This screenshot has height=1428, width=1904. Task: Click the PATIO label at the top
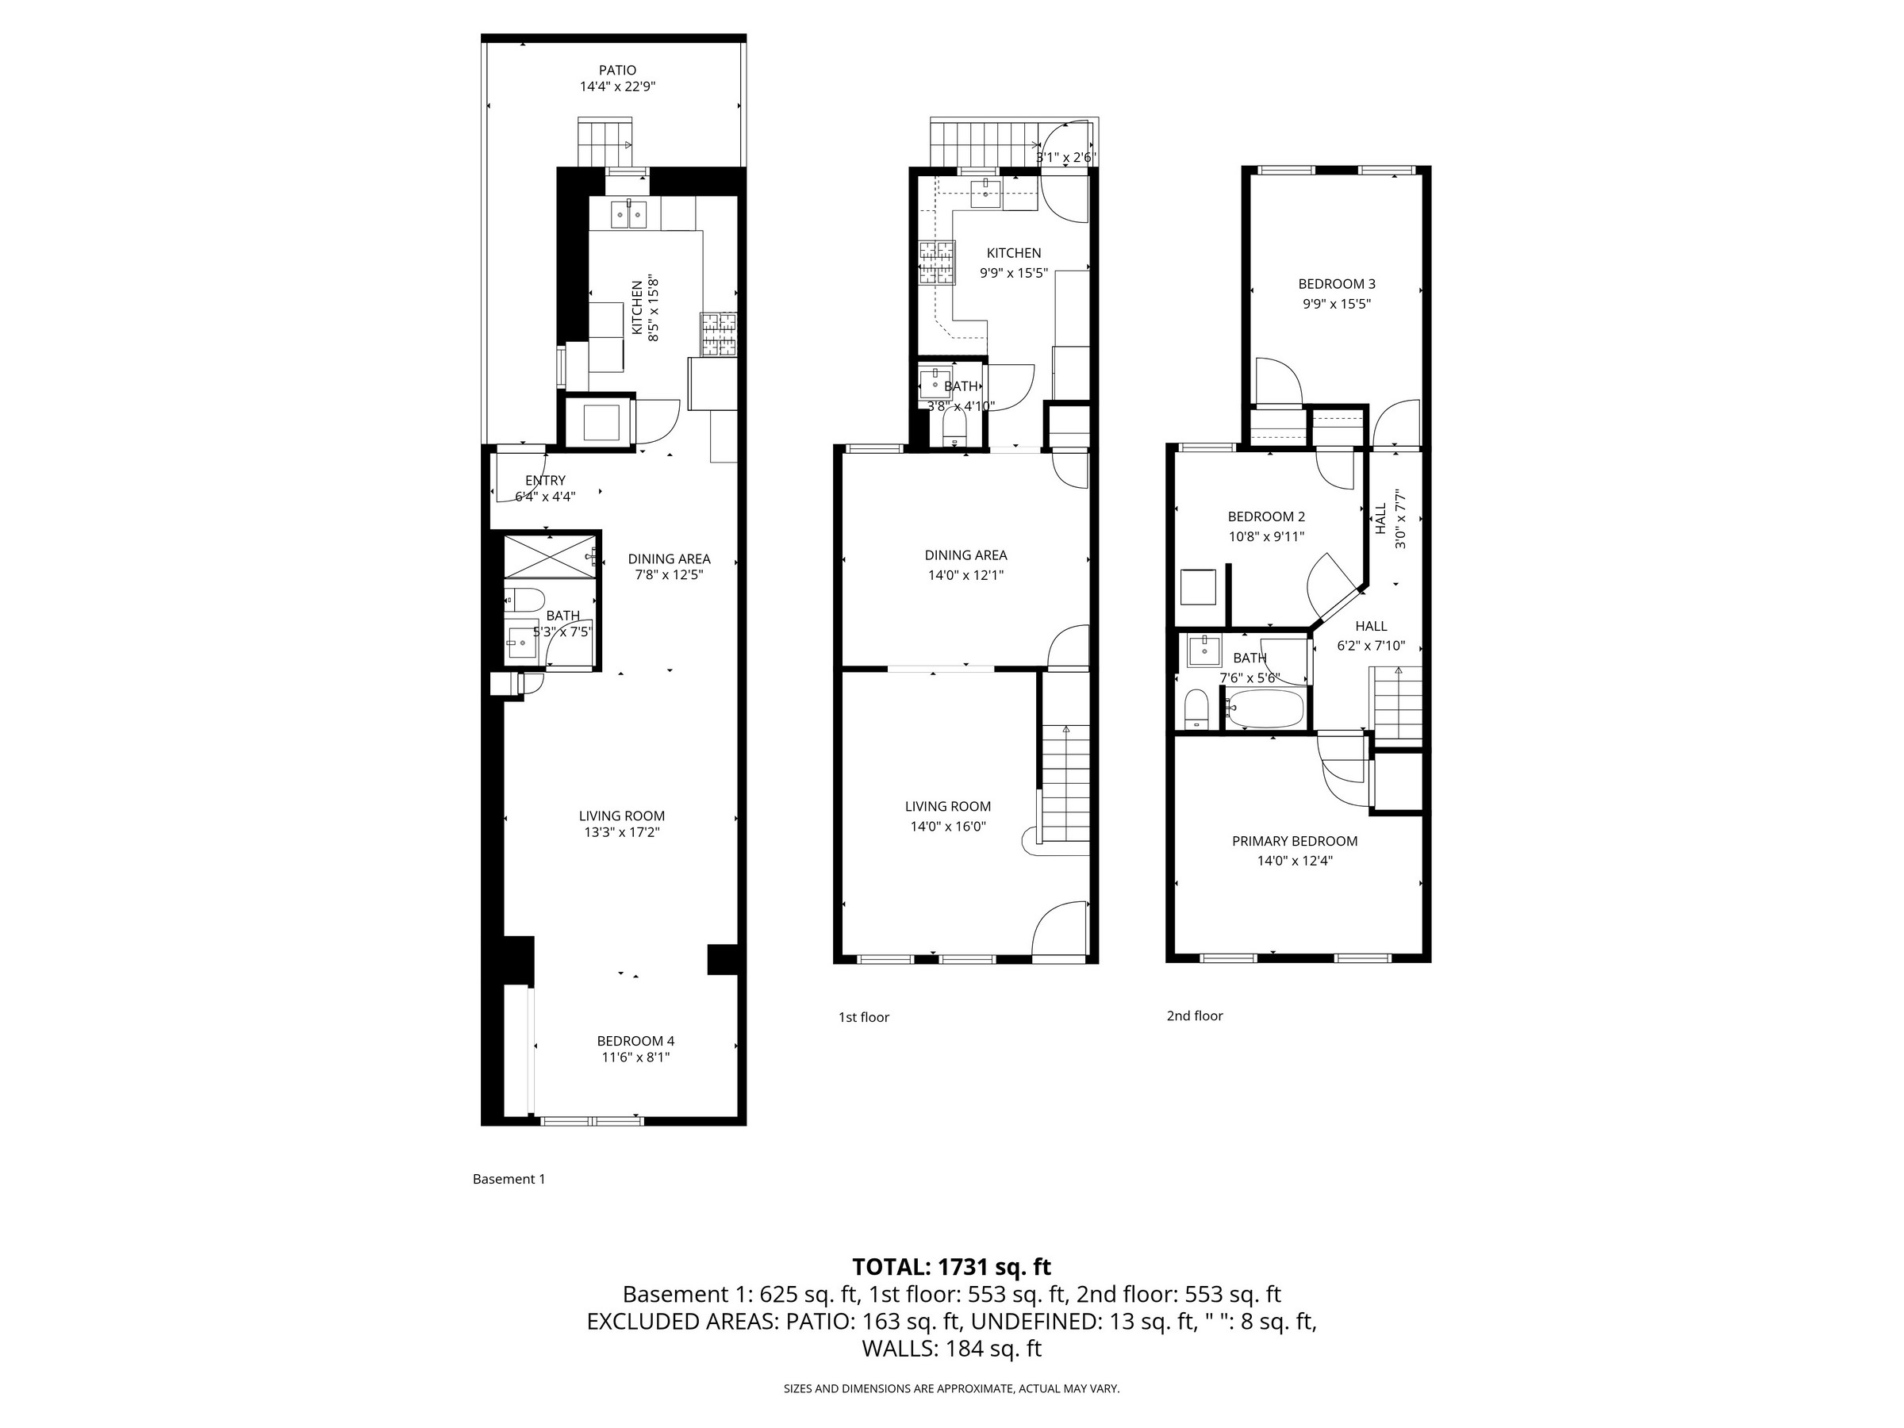click(x=617, y=71)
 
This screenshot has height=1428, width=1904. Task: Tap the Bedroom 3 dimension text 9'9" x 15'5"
click(x=1336, y=304)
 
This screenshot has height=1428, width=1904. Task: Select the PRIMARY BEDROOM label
click(x=1294, y=841)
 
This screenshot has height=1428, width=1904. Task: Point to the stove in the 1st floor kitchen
click(x=938, y=263)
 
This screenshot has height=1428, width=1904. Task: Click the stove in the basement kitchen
click(x=720, y=335)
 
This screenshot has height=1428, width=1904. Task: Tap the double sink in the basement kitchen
click(x=629, y=213)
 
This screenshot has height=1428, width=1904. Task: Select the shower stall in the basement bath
click(x=550, y=556)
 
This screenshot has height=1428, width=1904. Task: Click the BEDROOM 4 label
click(x=635, y=1041)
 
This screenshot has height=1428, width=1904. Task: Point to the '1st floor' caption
click(x=863, y=1017)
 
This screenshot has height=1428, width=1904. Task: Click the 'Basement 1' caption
click(x=509, y=1179)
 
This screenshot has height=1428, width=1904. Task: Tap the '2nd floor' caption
click(x=1194, y=1015)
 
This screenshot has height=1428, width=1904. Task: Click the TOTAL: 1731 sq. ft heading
click(x=951, y=1267)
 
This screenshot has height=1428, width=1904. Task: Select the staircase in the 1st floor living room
click(x=1065, y=783)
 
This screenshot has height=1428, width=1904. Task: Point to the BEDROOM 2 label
click(x=1265, y=516)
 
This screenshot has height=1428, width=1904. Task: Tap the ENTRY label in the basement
click(x=545, y=480)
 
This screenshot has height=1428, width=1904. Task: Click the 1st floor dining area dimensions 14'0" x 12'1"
click(x=965, y=575)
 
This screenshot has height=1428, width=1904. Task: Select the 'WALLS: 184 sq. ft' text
click(x=951, y=1349)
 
